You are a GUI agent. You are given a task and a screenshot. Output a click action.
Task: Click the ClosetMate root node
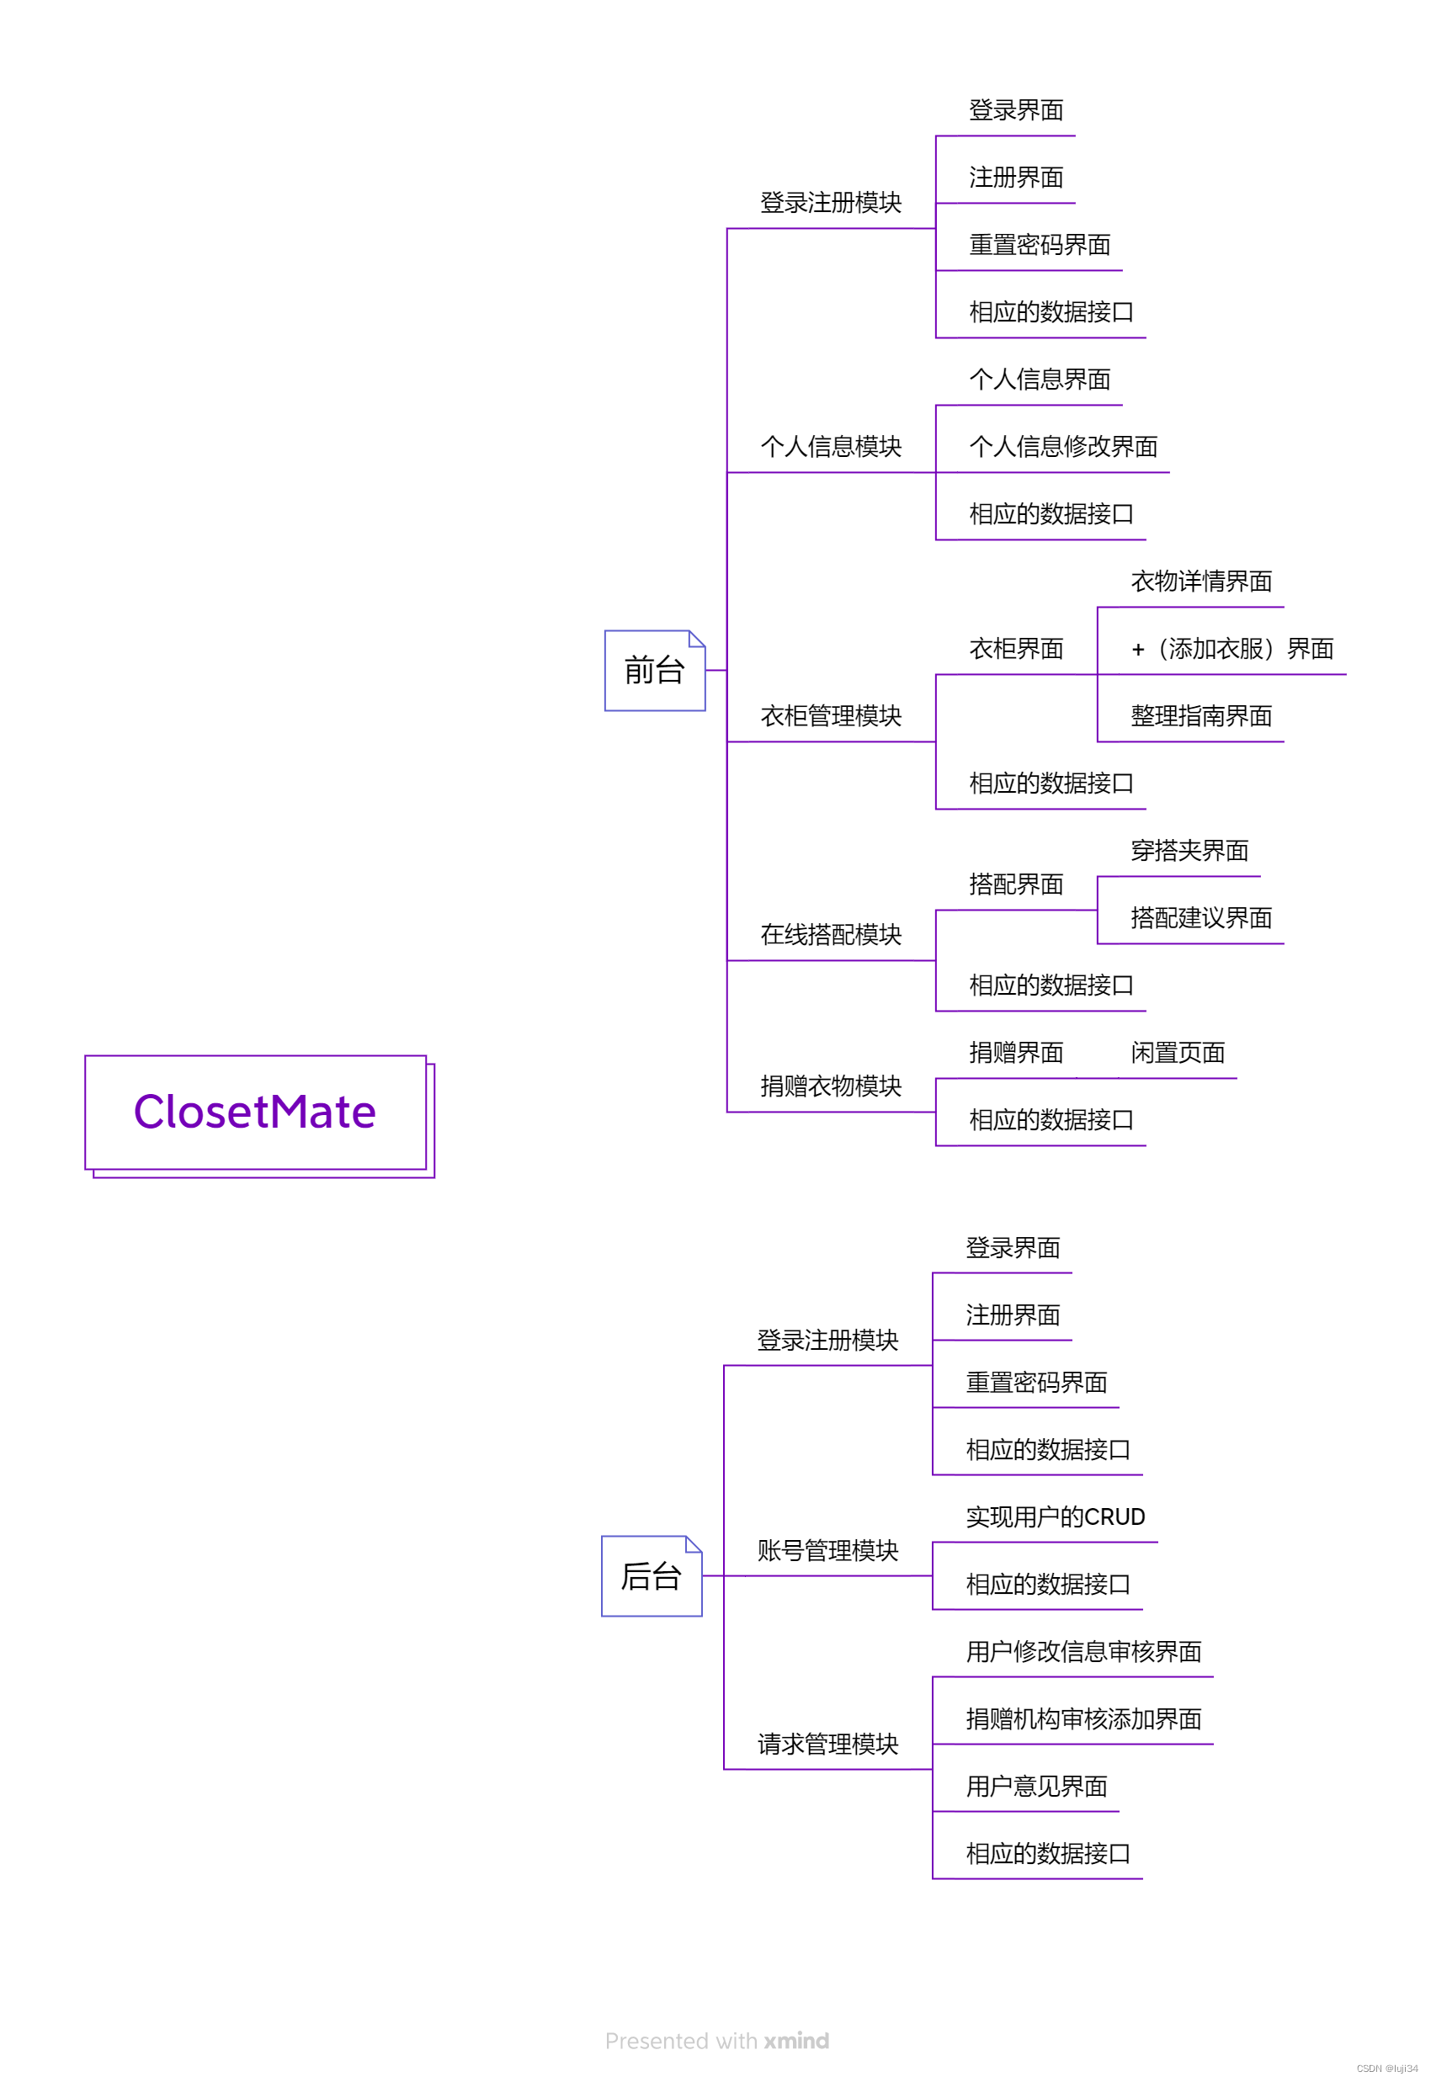[255, 1112]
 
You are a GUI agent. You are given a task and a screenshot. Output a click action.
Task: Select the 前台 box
[655, 671]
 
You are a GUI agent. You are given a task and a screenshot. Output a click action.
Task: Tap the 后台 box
[651, 1575]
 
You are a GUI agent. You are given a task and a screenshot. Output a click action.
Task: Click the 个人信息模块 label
[830, 446]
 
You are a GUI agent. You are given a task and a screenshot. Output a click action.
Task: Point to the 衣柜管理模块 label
[830, 716]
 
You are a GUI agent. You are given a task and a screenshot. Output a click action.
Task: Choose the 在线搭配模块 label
[830, 935]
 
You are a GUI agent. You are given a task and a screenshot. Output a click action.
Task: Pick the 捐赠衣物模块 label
[830, 1086]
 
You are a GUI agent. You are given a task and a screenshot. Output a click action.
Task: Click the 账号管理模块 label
[827, 1550]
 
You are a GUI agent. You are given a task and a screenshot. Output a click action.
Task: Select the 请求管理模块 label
[827, 1744]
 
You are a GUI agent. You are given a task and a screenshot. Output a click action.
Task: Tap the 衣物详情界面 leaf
[1200, 582]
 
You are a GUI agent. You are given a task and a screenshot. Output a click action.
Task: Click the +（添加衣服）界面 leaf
[1232, 649]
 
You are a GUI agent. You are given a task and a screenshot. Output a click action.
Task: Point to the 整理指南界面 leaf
[1200, 716]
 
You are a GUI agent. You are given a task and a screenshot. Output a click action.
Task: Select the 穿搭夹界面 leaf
[1189, 851]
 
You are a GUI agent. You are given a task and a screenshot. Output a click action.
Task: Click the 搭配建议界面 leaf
[1200, 918]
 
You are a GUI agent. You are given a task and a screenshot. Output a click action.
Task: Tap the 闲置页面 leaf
[1178, 1052]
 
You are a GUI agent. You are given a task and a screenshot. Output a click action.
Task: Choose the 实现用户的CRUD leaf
[1055, 1516]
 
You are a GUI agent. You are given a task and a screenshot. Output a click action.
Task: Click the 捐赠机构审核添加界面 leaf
[1083, 1719]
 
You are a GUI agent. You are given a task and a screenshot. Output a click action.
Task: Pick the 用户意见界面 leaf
[1035, 1787]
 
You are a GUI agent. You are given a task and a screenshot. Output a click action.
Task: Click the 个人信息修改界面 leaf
[1062, 446]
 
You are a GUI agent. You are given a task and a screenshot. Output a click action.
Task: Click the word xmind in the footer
[796, 2041]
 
